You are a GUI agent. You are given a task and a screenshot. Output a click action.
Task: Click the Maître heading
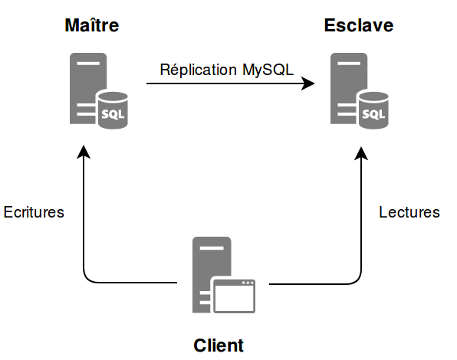coord(92,25)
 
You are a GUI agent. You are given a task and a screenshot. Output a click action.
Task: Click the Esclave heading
coord(359,25)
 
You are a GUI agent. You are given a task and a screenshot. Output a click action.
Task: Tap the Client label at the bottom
coord(219,345)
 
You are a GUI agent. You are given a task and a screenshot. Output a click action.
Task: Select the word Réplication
coord(198,70)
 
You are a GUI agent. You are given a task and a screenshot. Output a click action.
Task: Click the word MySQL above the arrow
coord(268,70)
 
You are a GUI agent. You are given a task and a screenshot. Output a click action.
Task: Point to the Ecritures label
coord(34,212)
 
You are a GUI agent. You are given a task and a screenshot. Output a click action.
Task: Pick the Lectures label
coord(409,212)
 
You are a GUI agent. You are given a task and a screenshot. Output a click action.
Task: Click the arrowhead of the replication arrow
coord(307,83)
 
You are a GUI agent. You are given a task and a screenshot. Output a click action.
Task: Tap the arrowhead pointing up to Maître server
coord(84,152)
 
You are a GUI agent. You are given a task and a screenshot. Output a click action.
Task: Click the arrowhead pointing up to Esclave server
coord(361,153)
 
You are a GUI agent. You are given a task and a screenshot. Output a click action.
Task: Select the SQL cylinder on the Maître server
coord(113,110)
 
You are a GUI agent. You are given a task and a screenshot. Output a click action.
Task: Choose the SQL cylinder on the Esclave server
coord(373,110)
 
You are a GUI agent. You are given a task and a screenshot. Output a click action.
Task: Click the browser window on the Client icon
coord(235,296)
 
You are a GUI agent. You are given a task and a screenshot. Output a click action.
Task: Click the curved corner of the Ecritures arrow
coord(87,279)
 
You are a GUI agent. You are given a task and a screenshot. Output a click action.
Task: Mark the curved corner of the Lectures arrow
coord(357,280)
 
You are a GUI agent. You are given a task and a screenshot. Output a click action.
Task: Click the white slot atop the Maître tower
coord(88,63)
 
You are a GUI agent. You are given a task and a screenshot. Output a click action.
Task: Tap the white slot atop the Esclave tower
coord(349,63)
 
